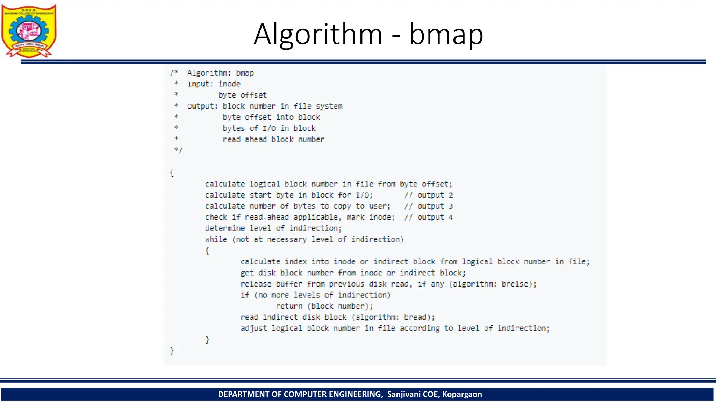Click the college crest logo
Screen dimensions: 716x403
[x=29, y=31]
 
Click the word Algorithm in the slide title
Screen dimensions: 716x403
[x=318, y=34]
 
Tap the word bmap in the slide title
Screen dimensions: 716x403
[x=446, y=34]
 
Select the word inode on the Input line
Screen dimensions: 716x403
[x=229, y=84]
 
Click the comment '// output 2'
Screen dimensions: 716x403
[x=428, y=195]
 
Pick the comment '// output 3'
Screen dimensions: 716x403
[x=428, y=206]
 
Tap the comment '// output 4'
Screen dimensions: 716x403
[x=428, y=218]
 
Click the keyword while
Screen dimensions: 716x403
[x=216, y=240]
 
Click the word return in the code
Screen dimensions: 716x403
[x=289, y=306]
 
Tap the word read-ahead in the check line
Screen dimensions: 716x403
[x=267, y=218]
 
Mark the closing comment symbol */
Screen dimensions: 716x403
[x=178, y=151]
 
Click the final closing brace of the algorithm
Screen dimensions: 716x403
[x=172, y=351]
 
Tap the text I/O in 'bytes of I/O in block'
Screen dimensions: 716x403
[x=269, y=129]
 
